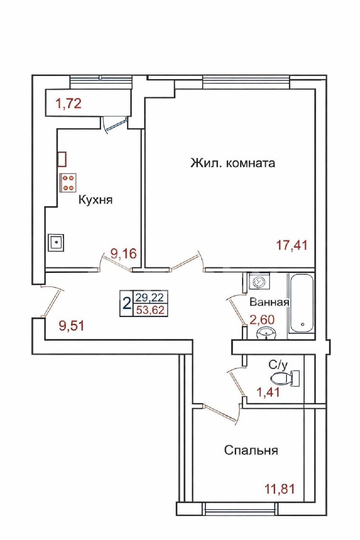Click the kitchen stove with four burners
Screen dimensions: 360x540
pyautogui.click(x=68, y=183)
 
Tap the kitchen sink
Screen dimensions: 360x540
pyautogui.click(x=56, y=243)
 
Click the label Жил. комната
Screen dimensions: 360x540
pyautogui.click(x=233, y=163)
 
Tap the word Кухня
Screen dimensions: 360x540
pyautogui.click(x=96, y=200)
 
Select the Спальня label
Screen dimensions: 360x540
pyautogui.click(x=251, y=450)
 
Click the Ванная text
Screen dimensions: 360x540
pyautogui.click(x=269, y=302)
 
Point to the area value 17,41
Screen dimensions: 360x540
pyautogui.click(x=292, y=246)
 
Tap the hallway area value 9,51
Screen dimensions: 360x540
pyautogui.click(x=71, y=326)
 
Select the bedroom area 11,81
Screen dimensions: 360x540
pyautogui.click(x=280, y=489)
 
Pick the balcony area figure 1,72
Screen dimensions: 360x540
pyautogui.click(x=68, y=104)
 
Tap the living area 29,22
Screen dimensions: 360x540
pyautogui.click(x=150, y=297)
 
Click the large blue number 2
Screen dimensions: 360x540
pyautogui.click(x=127, y=303)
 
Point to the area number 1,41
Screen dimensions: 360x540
pyautogui.click(x=268, y=393)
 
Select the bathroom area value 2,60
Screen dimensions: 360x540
pyautogui.click(x=262, y=320)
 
